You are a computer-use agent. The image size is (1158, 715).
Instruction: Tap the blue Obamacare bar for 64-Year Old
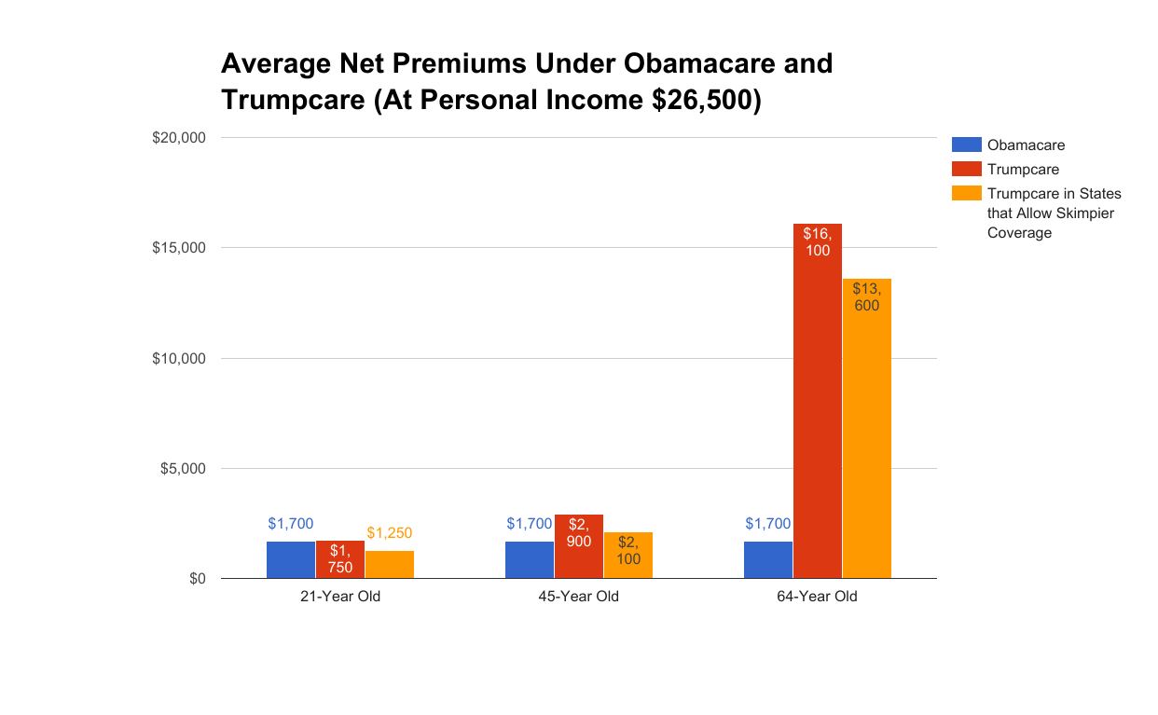(x=767, y=559)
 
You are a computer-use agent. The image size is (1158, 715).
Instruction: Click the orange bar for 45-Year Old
(x=627, y=564)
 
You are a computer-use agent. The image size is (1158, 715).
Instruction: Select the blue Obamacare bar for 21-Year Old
(x=290, y=559)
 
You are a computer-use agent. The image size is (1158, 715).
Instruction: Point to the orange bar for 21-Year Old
(x=389, y=564)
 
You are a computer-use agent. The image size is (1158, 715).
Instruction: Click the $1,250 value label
(x=389, y=533)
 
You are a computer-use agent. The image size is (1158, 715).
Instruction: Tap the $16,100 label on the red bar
(x=818, y=241)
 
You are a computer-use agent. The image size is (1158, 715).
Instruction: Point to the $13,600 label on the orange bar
(x=866, y=296)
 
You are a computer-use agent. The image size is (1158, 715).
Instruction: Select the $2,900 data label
(x=578, y=532)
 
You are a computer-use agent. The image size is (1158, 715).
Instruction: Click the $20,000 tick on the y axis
(x=178, y=138)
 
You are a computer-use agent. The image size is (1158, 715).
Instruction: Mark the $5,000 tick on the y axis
(x=182, y=469)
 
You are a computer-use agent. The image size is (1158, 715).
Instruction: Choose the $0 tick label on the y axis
(x=197, y=579)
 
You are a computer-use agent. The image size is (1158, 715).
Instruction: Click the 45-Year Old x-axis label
(x=578, y=597)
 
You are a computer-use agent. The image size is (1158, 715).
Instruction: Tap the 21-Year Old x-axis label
(x=339, y=597)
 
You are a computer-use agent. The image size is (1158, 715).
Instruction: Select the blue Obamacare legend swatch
(x=966, y=144)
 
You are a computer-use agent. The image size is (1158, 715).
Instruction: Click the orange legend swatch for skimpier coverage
(x=966, y=193)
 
